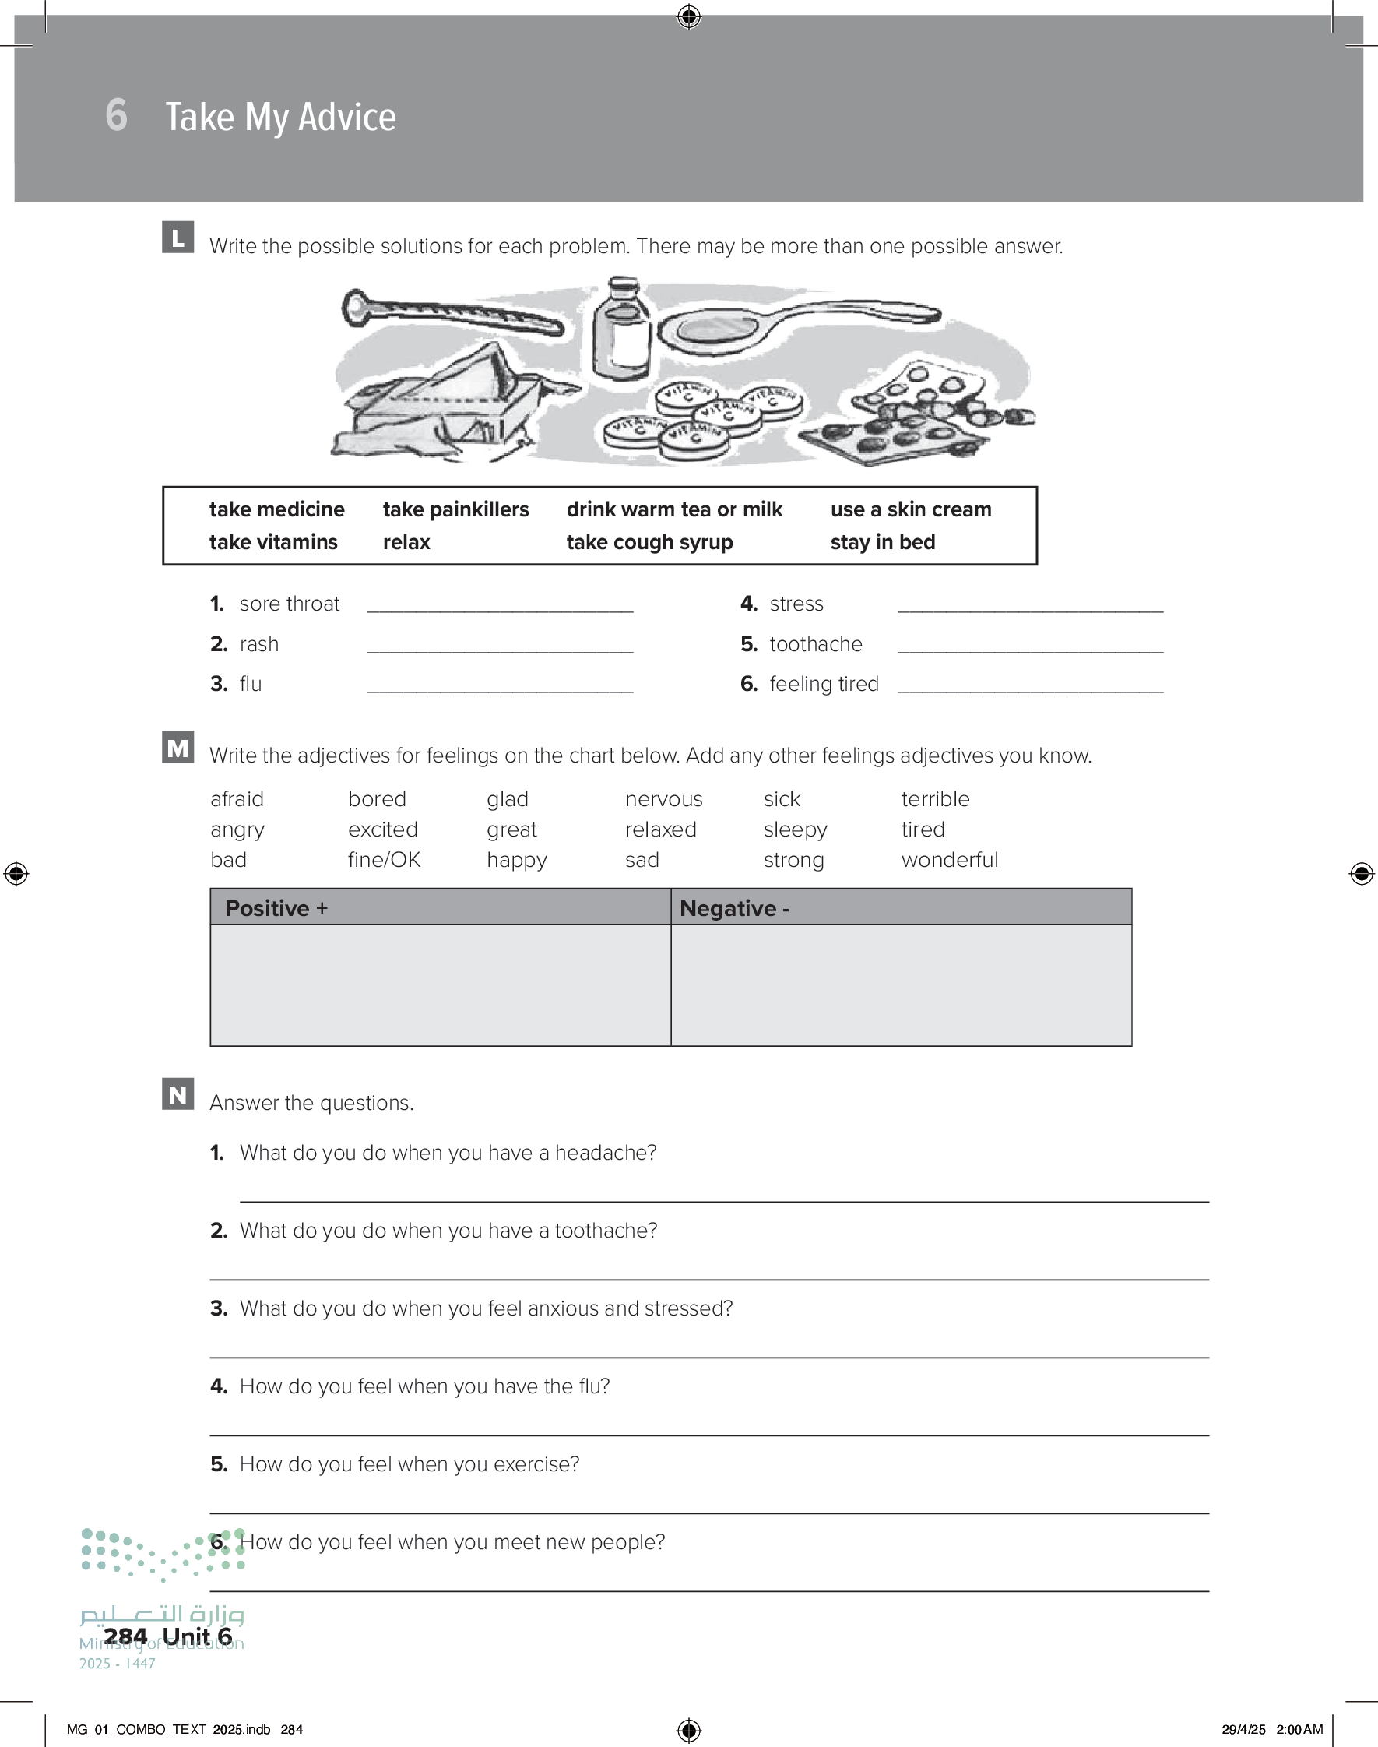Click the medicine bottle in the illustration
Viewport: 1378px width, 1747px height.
tap(621, 331)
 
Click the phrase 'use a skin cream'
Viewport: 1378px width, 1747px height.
tap(910, 510)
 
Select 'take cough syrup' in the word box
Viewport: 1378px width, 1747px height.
tap(649, 542)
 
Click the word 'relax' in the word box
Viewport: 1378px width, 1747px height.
tap(406, 542)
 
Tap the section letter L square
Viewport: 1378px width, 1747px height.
tap(178, 238)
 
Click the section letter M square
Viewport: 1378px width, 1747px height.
tap(178, 748)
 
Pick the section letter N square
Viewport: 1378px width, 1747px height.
tap(178, 1094)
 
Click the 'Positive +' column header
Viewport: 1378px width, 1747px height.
tap(276, 909)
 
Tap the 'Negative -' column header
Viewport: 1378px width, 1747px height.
tap(734, 909)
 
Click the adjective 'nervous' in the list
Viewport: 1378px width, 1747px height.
tap(663, 800)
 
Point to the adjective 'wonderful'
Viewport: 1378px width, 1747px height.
tap(949, 860)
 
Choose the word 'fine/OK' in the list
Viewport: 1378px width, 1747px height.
tap(384, 860)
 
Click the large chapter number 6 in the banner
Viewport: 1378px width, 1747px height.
tap(116, 115)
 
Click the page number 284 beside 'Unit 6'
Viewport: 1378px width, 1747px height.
tap(125, 1636)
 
